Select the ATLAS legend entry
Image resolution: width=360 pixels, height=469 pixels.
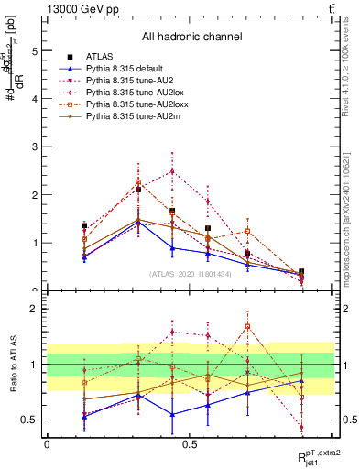coord(100,57)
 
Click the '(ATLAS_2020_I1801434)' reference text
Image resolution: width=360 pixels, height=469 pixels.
coord(190,274)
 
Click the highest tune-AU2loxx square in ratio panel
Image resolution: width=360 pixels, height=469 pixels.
coord(247,326)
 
